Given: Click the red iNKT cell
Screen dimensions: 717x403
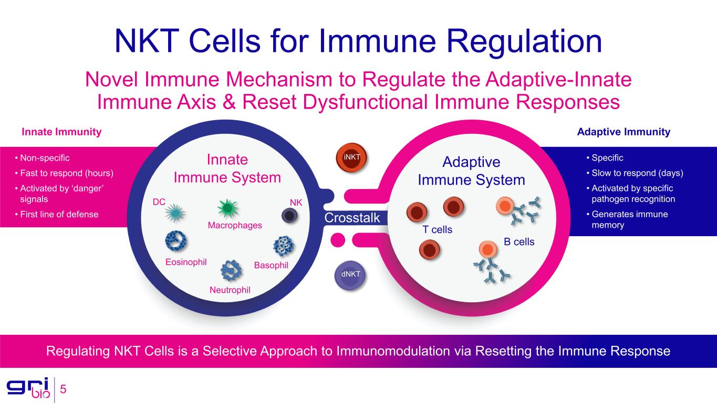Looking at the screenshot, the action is coord(351,157).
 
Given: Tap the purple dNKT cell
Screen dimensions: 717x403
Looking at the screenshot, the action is coord(350,275).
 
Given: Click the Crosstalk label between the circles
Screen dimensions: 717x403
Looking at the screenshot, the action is coord(352,218).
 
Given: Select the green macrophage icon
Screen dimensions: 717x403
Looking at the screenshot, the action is coord(227,208).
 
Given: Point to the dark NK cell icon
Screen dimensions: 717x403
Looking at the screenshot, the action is coord(289,216).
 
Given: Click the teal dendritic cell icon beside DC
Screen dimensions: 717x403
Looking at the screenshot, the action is coord(175,213).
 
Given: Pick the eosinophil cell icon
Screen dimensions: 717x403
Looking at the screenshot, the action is coord(176,241).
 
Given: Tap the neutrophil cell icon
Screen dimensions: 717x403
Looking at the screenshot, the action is coord(231,271).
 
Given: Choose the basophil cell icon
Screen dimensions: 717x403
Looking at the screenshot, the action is coord(284,246).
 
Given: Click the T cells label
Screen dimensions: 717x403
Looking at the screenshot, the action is coord(437,230).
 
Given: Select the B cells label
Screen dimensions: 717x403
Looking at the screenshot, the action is coord(519,242).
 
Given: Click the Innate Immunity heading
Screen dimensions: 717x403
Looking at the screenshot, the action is coord(61,132).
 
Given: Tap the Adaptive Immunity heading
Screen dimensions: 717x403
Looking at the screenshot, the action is coord(624,132).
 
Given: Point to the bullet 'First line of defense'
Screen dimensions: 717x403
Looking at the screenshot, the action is coord(59,214).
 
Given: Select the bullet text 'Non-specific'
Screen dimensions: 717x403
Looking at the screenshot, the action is coord(45,158).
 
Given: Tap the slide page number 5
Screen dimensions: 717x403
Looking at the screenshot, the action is coord(63,389).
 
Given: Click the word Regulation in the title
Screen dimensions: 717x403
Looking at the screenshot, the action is coord(524,41).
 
